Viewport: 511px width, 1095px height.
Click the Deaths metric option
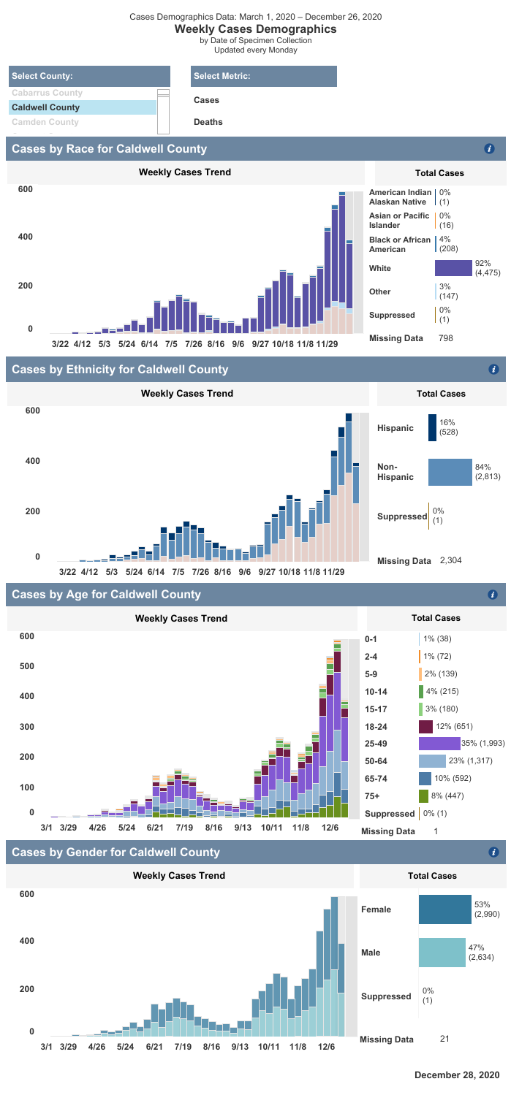[x=208, y=122]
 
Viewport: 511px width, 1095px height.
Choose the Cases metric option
[x=206, y=100]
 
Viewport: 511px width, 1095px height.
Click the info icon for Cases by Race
[x=490, y=149]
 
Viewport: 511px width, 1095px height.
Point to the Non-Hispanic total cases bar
[x=450, y=473]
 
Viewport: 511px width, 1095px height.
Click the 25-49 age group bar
[x=439, y=743]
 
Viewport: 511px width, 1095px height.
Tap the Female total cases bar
[x=444, y=909]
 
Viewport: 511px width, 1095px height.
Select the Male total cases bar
[x=442, y=953]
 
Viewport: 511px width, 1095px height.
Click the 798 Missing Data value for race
[x=446, y=339]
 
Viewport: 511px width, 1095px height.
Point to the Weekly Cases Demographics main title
[x=255, y=29]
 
